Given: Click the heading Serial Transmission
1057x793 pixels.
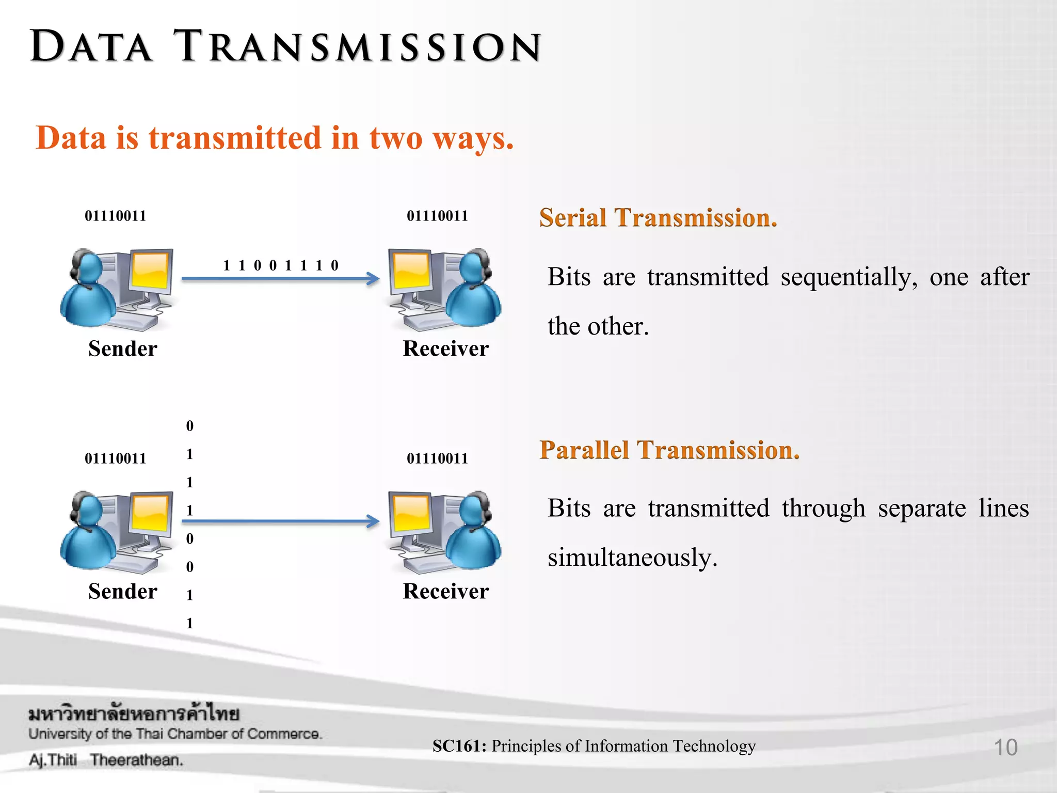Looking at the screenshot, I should coord(658,217).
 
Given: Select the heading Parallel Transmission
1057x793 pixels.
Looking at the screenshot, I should coord(669,450).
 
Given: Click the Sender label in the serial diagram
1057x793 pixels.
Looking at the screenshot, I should coord(122,348).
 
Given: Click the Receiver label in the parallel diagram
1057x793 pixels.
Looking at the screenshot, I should coord(445,591).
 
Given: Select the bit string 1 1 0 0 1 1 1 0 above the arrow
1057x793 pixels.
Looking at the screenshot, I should coord(280,265).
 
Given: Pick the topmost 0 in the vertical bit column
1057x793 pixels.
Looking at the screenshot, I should coord(189,426).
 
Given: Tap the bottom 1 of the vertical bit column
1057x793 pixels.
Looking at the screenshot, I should coord(189,623).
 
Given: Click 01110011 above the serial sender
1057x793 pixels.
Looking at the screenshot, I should coord(115,216).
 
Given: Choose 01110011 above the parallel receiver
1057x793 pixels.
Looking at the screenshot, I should coord(437,458).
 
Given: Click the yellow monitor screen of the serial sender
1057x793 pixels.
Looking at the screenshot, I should coord(150,270).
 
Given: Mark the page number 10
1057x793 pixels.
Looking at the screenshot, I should coord(1005,747).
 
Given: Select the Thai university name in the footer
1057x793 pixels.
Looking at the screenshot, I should coord(134,714).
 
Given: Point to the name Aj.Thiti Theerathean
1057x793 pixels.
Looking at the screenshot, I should coord(106,760).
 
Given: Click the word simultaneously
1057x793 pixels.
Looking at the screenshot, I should coord(632,558).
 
